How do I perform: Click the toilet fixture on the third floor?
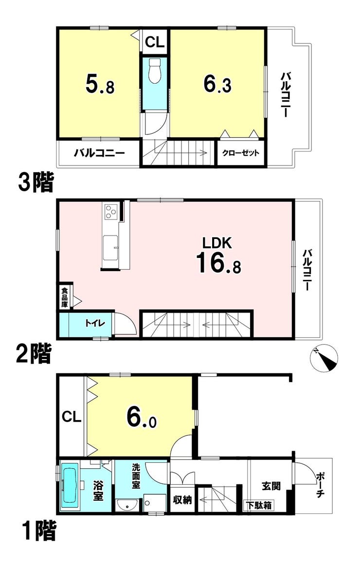(x=154, y=71)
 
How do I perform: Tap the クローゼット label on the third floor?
(x=240, y=153)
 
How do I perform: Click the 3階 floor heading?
(x=36, y=182)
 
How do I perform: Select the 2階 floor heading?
(x=34, y=353)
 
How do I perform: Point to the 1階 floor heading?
(x=39, y=532)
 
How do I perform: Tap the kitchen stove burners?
(x=110, y=211)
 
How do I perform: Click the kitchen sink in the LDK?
(x=110, y=248)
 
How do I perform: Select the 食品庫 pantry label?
(x=64, y=297)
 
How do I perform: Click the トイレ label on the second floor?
(x=95, y=323)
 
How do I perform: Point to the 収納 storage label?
(x=182, y=500)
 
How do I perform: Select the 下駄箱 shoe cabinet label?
(x=259, y=505)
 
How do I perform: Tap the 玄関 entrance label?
(x=271, y=486)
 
